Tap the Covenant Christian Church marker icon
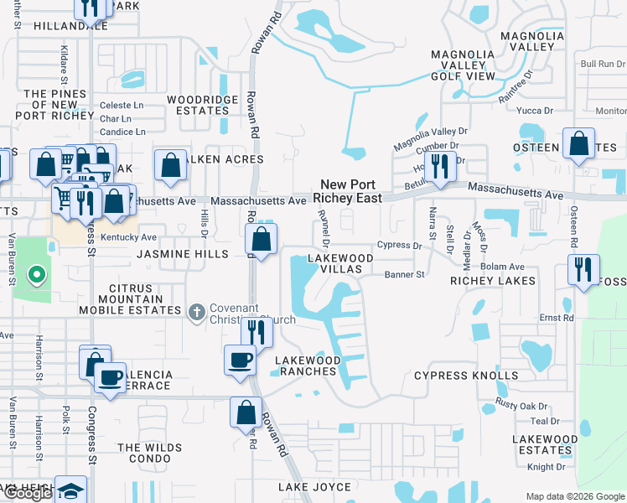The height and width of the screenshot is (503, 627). (196, 312)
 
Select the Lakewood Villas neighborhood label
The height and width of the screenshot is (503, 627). (339, 264)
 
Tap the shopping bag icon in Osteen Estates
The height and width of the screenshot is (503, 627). (579, 144)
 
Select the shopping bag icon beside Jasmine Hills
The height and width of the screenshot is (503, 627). (262, 240)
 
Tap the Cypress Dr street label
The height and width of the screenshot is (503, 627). (399, 246)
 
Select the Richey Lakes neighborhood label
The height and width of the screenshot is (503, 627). (493, 281)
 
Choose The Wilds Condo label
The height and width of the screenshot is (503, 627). (150, 453)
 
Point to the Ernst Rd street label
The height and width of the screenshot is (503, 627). (556, 319)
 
